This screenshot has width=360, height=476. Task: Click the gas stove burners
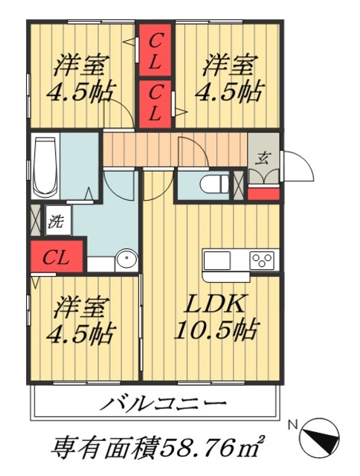262,260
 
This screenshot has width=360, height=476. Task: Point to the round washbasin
127,260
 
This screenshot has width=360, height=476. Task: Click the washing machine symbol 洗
55,221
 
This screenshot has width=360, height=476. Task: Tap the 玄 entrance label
263,158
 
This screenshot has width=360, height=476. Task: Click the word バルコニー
163,405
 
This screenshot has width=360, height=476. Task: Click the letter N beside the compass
293,425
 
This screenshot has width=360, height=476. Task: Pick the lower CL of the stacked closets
155,103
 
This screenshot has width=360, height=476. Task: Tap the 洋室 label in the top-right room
228,65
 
